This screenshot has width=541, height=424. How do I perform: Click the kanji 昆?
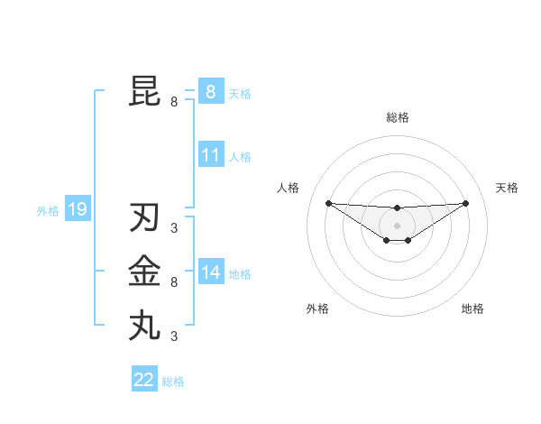[x=144, y=91]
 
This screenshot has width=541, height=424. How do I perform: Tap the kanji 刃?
[x=144, y=218]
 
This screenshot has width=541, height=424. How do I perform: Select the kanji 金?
[x=144, y=271]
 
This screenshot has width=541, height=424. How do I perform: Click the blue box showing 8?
[x=210, y=92]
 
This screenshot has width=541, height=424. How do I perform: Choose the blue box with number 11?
[x=210, y=155]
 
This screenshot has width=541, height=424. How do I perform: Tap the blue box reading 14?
[x=210, y=272]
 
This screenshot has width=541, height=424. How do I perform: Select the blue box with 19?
[x=77, y=210]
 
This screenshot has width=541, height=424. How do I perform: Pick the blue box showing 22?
[x=143, y=380]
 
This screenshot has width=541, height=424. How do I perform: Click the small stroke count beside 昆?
[x=174, y=102]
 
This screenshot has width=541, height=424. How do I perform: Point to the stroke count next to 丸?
[x=174, y=336]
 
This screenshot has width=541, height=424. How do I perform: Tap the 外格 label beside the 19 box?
[x=48, y=211]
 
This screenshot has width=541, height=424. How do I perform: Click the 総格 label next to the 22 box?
[x=173, y=382]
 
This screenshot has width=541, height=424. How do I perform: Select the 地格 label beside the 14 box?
[x=240, y=274]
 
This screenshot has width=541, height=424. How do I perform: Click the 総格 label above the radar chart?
[x=397, y=117]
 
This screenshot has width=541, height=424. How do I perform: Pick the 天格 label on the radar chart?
[x=507, y=188]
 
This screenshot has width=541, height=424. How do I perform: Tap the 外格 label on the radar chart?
[x=317, y=309]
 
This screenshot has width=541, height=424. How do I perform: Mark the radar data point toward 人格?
[x=328, y=203]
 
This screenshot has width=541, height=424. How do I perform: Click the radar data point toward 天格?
[x=466, y=203]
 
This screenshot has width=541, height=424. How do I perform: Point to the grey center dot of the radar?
[x=397, y=225]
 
